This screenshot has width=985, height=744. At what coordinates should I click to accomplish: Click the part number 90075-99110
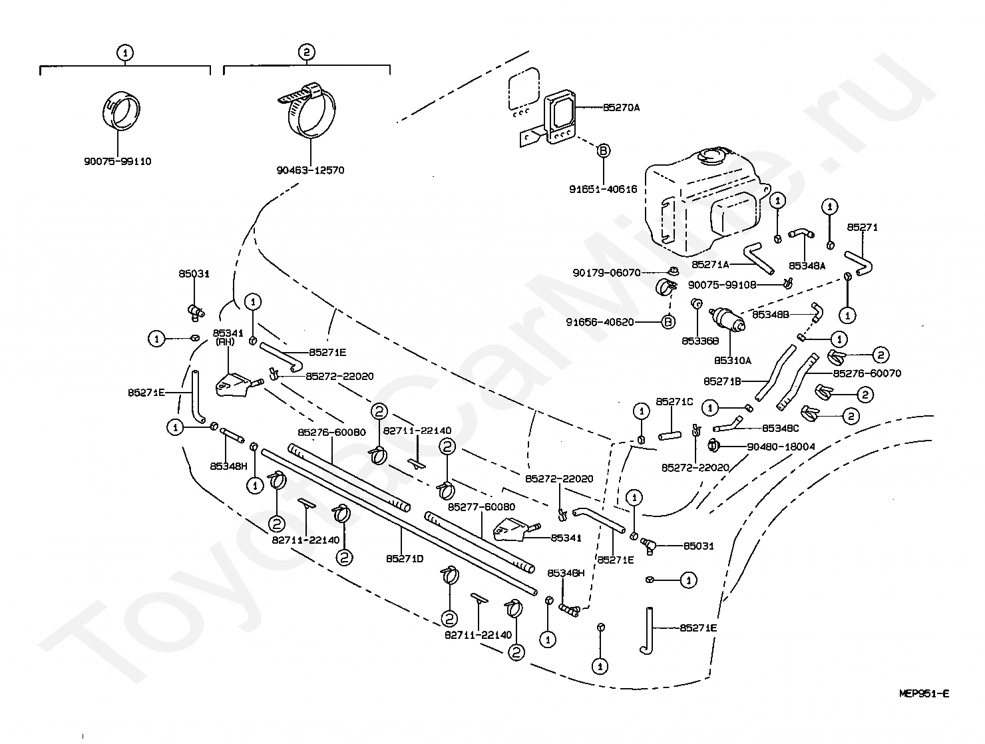[x=118, y=161]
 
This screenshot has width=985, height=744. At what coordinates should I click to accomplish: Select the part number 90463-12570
[x=311, y=170]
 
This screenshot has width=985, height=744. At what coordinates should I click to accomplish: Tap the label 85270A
[x=621, y=108]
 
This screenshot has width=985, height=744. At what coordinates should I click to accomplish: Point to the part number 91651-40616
[x=603, y=189]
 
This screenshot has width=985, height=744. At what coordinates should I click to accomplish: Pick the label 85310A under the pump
[x=732, y=360]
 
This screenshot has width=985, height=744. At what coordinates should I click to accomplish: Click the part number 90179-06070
[x=607, y=272]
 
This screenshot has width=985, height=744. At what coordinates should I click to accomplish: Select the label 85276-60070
[x=867, y=373]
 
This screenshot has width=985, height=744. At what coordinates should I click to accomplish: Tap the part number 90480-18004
[x=781, y=447]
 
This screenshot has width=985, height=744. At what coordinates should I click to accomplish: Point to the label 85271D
[x=405, y=559]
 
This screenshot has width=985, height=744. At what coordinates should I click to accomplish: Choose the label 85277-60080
[x=481, y=506]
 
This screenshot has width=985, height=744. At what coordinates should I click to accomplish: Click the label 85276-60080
[x=331, y=432]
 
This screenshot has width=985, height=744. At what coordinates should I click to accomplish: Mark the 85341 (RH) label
[x=228, y=337]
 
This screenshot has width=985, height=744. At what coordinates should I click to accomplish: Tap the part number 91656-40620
[x=600, y=322]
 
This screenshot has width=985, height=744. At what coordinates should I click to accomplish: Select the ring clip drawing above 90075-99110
[x=120, y=110]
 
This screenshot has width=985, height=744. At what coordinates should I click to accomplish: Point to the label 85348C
[x=781, y=428]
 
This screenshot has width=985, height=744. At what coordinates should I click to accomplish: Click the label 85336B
[x=700, y=341]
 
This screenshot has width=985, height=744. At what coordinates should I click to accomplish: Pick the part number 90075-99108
[x=722, y=285]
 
